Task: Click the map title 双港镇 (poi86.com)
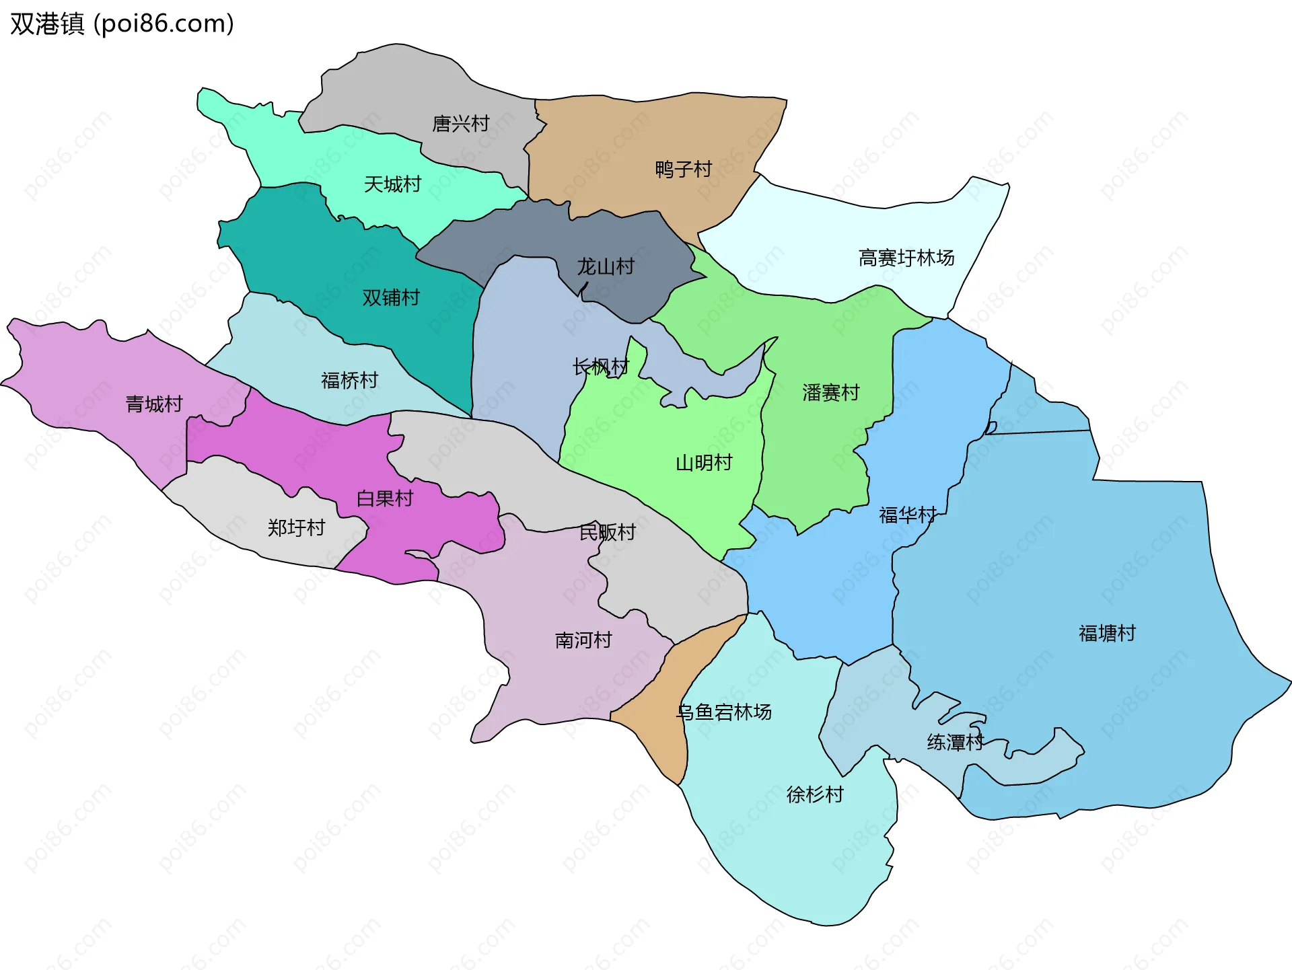(122, 24)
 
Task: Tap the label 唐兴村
(460, 124)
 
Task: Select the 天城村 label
(392, 184)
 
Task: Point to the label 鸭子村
(683, 170)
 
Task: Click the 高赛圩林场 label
(906, 258)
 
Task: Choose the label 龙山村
(605, 267)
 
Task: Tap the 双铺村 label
(390, 297)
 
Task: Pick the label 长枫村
(600, 367)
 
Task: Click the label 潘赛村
(830, 393)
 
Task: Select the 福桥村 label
(349, 381)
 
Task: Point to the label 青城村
(154, 404)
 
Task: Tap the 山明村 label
(703, 463)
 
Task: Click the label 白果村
(384, 498)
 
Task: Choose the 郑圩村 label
(296, 528)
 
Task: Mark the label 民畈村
(607, 533)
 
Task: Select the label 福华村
(907, 515)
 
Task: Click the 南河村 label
(583, 640)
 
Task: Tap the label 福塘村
(1106, 634)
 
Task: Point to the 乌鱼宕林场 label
(724, 712)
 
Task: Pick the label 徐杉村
(814, 795)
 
